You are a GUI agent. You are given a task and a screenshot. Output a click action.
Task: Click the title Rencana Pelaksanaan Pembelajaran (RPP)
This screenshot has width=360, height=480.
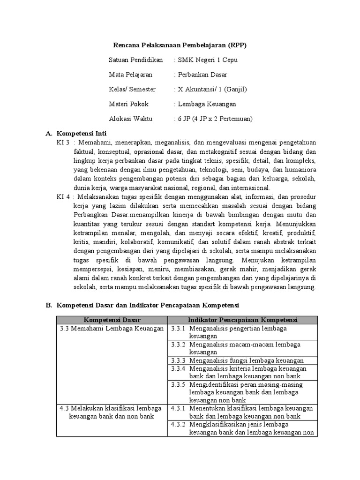coord(180,45)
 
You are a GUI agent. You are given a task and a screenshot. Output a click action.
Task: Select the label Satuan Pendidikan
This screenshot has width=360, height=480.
coord(135,60)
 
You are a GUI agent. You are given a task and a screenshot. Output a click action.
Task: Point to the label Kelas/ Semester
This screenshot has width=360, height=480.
coord(132,89)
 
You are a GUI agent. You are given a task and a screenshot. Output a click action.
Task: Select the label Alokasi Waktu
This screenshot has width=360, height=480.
coord(130,119)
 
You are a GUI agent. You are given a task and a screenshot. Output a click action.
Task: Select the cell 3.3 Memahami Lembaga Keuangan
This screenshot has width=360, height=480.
coord(112,328)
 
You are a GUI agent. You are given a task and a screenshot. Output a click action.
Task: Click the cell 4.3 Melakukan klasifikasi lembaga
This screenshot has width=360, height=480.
coord(111,408)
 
